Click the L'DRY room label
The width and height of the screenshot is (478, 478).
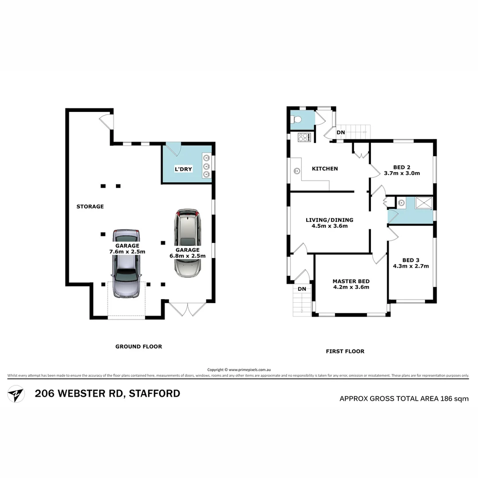[x=183, y=169]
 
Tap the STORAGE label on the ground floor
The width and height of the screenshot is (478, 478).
[x=90, y=206]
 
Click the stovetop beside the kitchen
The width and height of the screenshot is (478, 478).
[x=304, y=137]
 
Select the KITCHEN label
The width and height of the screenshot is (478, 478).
[x=325, y=169]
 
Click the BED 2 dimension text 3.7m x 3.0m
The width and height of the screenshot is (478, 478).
[x=402, y=173]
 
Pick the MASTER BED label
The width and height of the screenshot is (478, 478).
[x=351, y=281]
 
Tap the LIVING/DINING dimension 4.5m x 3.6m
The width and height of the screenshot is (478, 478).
[x=329, y=226]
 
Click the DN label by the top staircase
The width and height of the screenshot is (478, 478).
[x=341, y=132]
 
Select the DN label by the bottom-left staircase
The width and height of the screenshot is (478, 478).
[x=302, y=289]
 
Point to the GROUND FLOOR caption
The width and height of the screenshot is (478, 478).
[x=139, y=347]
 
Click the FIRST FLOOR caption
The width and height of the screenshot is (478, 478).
[x=345, y=351]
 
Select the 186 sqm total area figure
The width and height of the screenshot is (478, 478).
[x=455, y=398]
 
